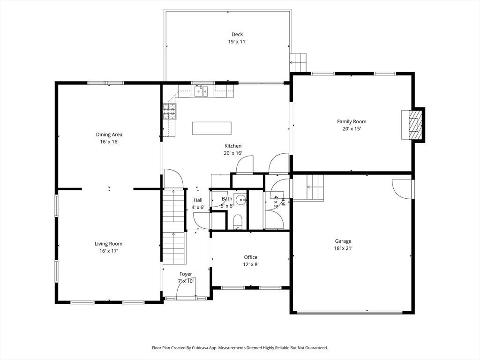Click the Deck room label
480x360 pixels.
click(237, 34)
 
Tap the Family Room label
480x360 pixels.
click(352, 121)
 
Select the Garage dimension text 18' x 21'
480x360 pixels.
click(343, 248)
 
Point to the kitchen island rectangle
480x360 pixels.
click(212, 128)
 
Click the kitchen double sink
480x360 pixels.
click(201, 91)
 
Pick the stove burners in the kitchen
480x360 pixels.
click(169, 112)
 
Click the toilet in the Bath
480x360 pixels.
click(238, 222)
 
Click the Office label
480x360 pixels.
click(251, 257)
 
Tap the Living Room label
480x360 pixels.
click(108, 244)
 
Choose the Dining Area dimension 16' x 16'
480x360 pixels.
click(109, 142)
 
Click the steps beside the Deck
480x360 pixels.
click(298, 62)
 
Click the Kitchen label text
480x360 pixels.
click(233, 146)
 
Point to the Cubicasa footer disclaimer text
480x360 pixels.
click(240, 348)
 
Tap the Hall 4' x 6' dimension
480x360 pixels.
click(198, 207)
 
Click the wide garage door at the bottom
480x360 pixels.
click(350, 313)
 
